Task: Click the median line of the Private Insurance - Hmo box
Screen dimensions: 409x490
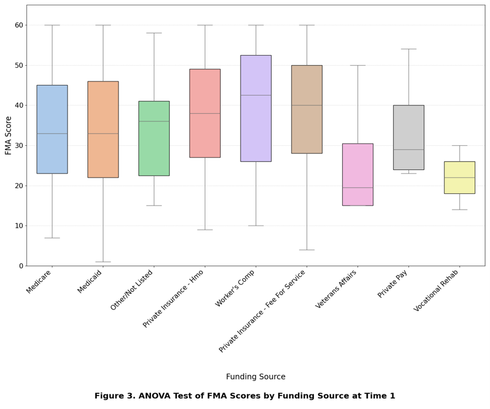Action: [205, 113]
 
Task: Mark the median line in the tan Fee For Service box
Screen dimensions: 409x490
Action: [307, 105]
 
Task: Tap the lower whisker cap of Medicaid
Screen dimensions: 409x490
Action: [103, 262]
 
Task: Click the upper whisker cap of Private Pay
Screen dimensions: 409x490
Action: [408, 49]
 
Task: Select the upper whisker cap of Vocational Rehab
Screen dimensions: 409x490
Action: [459, 145]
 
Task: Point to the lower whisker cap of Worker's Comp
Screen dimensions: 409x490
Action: [256, 226]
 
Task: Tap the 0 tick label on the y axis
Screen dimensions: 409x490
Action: [21, 266]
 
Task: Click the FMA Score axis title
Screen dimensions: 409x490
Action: [8, 135]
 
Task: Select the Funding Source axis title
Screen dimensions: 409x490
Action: [256, 377]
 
